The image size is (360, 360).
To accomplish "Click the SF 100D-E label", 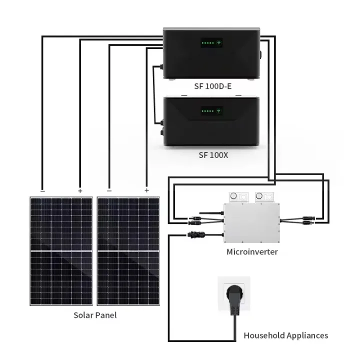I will [x=212, y=86].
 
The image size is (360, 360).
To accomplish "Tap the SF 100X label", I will [x=213, y=155].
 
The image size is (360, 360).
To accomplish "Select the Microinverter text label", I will [x=252, y=251].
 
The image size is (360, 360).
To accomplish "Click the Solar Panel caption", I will [x=95, y=315].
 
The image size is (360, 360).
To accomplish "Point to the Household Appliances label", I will [x=286, y=335].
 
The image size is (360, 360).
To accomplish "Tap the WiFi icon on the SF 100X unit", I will [x=219, y=111].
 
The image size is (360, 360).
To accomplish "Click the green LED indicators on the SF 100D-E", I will [x=207, y=43].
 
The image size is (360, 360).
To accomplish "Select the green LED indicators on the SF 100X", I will [x=207, y=111].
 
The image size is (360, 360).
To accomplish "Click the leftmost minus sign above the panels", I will [x=42, y=190].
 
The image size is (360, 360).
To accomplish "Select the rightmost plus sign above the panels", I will [x=146, y=190].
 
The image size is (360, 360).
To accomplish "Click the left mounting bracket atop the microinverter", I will [x=238, y=196].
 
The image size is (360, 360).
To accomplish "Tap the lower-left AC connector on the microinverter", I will [x=194, y=233].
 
